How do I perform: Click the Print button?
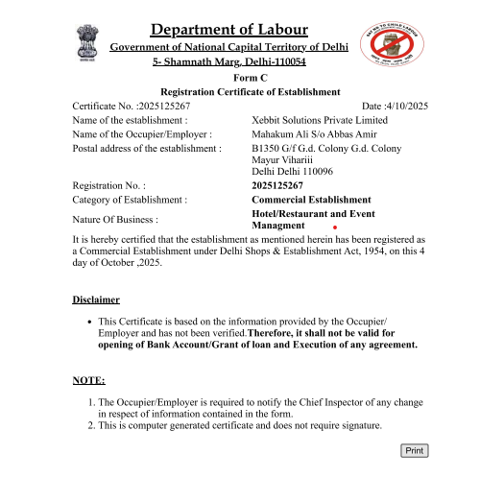[414, 450]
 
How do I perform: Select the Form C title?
[250, 78]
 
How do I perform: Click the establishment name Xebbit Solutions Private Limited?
[319, 120]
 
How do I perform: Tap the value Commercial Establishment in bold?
[310, 199]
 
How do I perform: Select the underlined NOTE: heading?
[88, 380]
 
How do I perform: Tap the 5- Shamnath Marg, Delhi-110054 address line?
[229, 61]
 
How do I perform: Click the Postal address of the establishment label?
[141, 149]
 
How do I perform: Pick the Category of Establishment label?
[130, 199]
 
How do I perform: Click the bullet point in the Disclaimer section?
[89, 322]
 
